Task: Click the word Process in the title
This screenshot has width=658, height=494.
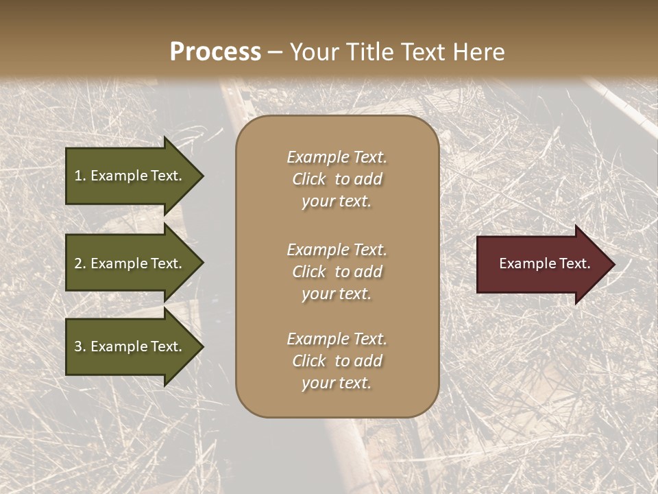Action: (215, 52)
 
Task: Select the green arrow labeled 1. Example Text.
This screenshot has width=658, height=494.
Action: (130, 176)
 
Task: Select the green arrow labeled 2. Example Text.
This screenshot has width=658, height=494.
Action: (130, 263)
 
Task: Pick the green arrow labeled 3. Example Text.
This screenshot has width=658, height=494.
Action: (130, 346)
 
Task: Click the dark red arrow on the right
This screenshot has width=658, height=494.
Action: (541, 264)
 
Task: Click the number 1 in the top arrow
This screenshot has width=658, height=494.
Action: (78, 176)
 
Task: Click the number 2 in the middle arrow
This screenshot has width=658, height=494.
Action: (78, 263)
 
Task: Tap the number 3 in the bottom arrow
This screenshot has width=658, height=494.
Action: (78, 346)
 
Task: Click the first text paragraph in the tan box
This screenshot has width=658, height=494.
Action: (337, 179)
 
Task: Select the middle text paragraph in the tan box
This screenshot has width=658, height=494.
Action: (337, 272)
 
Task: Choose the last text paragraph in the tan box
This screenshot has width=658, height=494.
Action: (337, 361)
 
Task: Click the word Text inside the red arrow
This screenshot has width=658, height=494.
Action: (574, 263)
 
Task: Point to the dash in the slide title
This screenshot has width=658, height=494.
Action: (275, 53)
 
